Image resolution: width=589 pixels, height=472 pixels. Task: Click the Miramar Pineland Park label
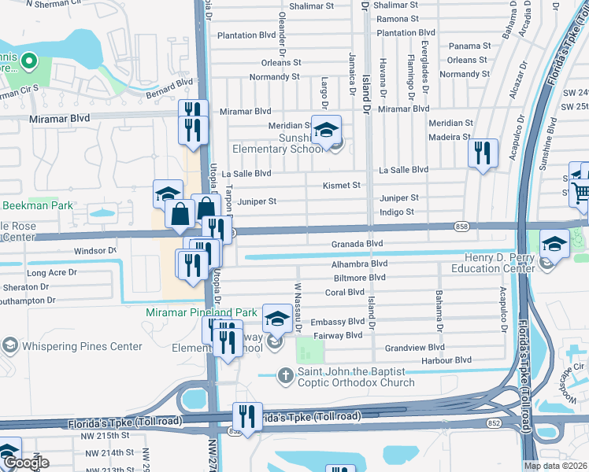[201, 312]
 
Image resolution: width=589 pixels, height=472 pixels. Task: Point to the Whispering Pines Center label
[71, 346]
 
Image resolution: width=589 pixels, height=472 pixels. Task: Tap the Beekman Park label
[37, 205]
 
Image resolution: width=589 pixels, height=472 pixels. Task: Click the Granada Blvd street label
[356, 244]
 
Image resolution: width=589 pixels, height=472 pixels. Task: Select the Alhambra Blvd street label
[359, 264]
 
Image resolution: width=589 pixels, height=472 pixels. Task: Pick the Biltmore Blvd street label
[359, 278]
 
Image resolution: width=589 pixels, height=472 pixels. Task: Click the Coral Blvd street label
[344, 293]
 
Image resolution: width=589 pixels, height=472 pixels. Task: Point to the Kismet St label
[341, 186]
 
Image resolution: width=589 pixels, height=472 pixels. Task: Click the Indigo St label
[397, 212]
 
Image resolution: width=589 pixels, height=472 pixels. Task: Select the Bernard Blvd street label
[169, 87]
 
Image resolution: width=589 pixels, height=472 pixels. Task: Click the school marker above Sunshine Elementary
[325, 131]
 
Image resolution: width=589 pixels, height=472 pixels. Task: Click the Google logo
[25, 463]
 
